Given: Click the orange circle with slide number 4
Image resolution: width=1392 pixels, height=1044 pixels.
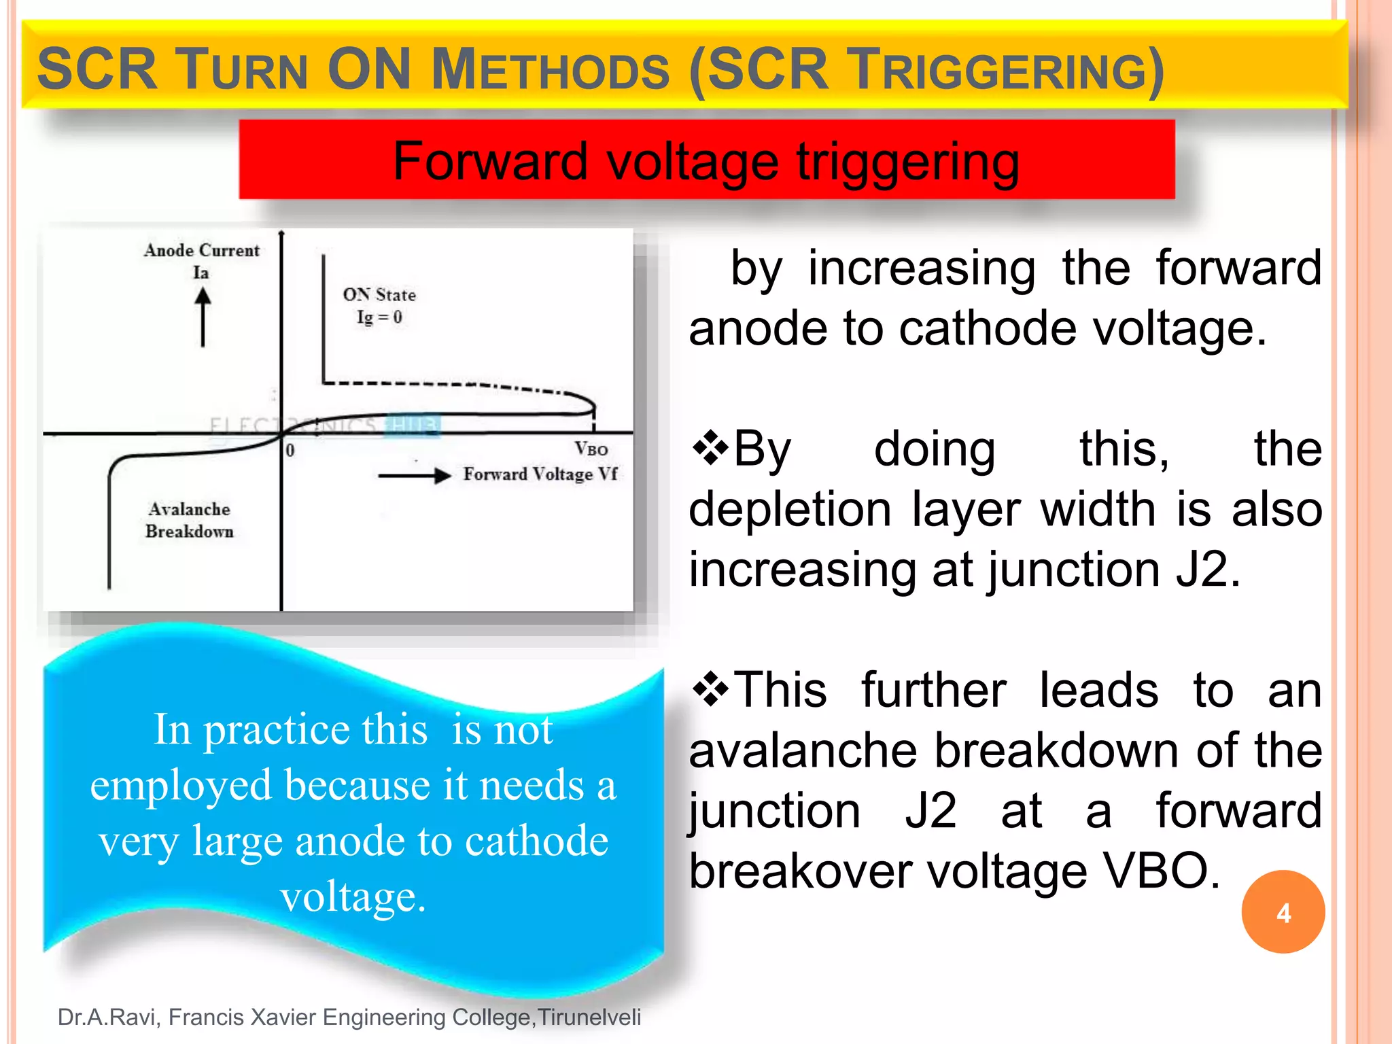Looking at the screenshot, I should [1283, 912].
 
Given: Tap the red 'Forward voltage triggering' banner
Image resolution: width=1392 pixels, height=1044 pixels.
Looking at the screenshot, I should [706, 160].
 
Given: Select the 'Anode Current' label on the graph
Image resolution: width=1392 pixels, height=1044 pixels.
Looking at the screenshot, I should [201, 251].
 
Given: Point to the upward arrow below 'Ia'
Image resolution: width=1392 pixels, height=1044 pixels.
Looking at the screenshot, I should [203, 317].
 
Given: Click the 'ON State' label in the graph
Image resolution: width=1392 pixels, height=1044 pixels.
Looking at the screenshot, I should [379, 295].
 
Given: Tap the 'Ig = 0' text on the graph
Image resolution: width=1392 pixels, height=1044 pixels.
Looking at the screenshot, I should [379, 317].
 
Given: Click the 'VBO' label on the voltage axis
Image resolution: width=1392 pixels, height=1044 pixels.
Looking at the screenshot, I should [591, 449].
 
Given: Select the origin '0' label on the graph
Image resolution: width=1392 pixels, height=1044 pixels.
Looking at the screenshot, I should [290, 450].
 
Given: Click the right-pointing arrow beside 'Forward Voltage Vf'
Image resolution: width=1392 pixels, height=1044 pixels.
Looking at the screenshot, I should [415, 475].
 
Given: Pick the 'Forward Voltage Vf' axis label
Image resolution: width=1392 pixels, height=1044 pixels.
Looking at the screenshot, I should [540, 474].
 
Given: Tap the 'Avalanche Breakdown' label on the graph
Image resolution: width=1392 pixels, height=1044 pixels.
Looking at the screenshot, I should [190, 520].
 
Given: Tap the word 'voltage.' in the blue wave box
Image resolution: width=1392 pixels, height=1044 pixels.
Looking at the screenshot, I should [353, 897].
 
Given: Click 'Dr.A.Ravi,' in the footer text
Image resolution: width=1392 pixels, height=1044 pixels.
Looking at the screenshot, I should [109, 1017].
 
